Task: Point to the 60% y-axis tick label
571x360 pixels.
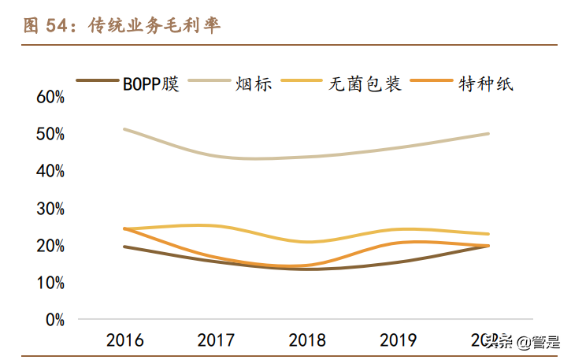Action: point(50,97)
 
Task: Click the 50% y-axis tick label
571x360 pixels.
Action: point(50,134)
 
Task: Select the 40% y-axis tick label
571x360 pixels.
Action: point(50,171)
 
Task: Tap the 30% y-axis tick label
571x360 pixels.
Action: point(50,209)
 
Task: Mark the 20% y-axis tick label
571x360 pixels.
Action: point(50,246)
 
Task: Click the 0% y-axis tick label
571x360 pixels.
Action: point(54,320)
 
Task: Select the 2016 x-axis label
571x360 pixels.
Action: point(125,341)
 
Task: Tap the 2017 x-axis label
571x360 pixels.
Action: point(216,341)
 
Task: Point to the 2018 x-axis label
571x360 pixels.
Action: point(307,341)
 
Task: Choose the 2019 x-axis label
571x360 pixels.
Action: point(399,341)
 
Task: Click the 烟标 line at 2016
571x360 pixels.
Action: point(125,129)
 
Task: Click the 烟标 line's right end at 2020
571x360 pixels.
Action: point(488,134)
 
